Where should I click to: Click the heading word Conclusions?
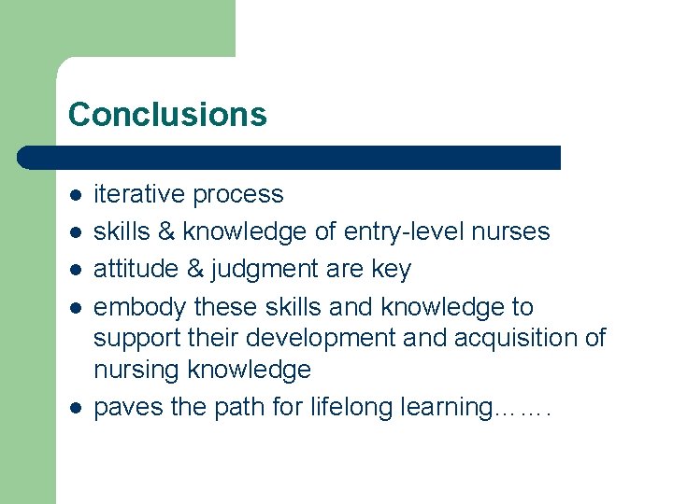point(167,115)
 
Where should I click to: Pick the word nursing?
point(136,371)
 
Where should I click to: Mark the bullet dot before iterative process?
point(76,195)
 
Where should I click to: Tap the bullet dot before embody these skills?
point(76,308)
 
